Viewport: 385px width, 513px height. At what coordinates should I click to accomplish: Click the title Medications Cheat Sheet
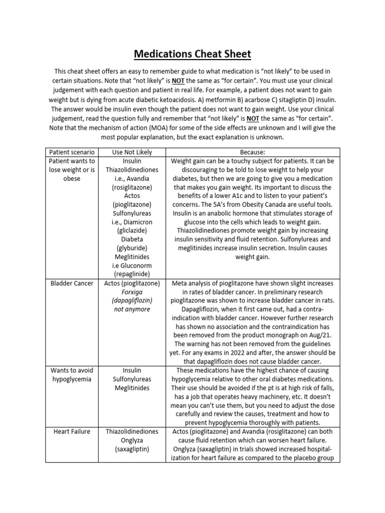192,54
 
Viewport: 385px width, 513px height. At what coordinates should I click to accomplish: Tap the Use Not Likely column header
132,152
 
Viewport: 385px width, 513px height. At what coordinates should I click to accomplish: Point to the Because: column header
253,152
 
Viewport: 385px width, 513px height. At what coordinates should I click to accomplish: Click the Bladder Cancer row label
72,283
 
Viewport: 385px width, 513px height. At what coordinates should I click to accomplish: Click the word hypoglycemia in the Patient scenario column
72,379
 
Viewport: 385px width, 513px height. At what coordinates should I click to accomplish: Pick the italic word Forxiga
132,292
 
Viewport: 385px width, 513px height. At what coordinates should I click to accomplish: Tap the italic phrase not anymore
132,309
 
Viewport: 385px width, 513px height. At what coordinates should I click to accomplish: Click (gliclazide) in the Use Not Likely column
132,230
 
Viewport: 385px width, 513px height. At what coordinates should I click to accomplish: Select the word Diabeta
132,239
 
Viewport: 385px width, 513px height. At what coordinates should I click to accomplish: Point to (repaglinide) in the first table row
132,274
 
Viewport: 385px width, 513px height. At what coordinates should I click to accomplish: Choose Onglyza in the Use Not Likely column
132,439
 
